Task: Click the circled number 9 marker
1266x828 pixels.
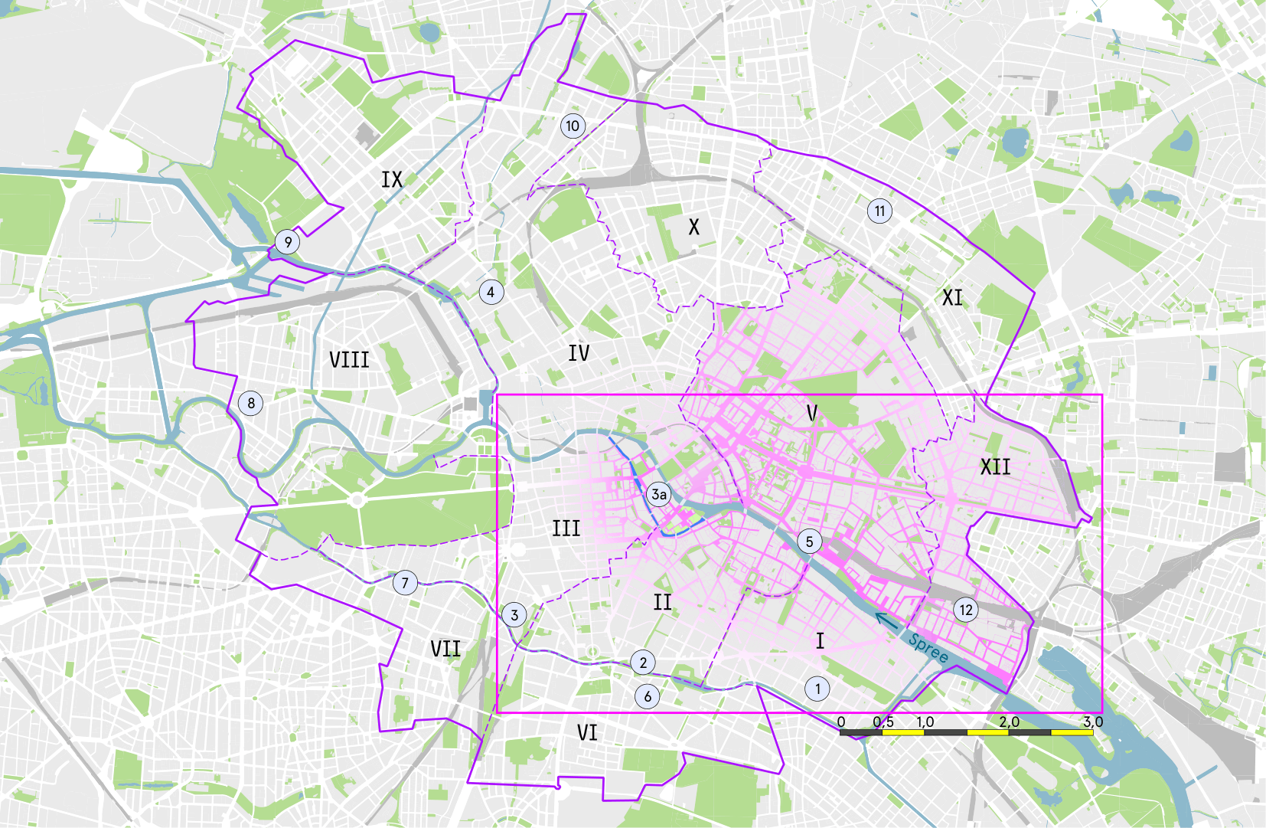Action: tap(288, 243)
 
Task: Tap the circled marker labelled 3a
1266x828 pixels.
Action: tap(658, 494)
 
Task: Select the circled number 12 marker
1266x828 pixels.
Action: tap(966, 610)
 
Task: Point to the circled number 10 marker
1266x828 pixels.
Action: tap(573, 126)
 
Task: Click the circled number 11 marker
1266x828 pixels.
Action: tap(879, 211)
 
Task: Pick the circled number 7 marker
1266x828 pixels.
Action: tap(406, 583)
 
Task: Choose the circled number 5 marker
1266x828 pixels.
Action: tap(809, 542)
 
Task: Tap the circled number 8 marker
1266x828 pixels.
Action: tap(251, 403)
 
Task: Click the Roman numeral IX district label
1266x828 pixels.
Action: tap(392, 180)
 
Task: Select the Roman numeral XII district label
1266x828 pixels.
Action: tap(995, 466)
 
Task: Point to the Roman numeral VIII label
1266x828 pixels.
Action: tap(349, 359)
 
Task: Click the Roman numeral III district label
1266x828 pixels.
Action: tap(566, 529)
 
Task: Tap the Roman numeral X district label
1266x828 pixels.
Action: tap(693, 227)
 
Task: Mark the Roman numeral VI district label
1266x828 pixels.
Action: tap(587, 733)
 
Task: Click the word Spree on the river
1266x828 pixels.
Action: tap(928, 648)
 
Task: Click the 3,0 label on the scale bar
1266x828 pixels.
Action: tap(1093, 722)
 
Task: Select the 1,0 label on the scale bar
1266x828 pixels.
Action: tap(925, 722)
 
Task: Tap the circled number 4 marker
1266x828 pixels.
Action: tap(491, 292)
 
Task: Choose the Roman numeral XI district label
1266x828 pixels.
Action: tap(952, 298)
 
